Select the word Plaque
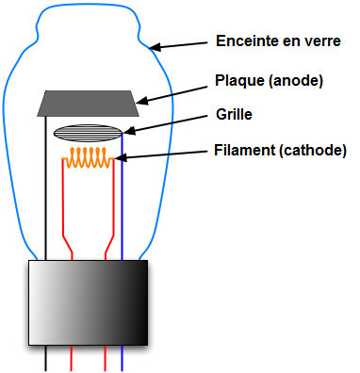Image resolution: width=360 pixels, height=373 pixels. (x=239, y=81)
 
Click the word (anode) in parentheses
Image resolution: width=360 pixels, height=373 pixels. (x=296, y=81)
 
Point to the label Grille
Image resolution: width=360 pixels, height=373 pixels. (x=234, y=114)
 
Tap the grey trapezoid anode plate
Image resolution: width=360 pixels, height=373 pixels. (x=88, y=104)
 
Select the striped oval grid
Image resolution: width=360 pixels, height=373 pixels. (x=88, y=133)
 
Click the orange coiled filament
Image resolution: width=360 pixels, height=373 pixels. (x=88, y=157)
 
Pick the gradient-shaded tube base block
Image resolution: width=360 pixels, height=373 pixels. (x=89, y=302)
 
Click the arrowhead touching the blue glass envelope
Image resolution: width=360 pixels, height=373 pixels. (x=155, y=47)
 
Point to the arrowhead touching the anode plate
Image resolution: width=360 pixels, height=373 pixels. (x=141, y=100)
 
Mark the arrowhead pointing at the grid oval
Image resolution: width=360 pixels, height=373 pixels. (x=129, y=131)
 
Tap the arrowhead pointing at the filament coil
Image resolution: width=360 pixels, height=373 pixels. (x=121, y=157)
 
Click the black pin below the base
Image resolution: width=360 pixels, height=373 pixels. (x=46, y=358)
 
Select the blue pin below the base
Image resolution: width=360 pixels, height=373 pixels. (x=122, y=358)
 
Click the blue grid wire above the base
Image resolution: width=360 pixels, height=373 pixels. (x=122, y=197)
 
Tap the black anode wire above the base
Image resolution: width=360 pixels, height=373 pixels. (x=46, y=188)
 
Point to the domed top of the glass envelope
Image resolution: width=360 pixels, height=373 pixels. (x=88, y=6)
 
